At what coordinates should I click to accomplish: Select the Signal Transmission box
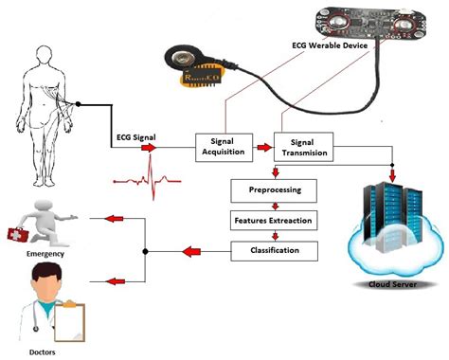click(304, 147)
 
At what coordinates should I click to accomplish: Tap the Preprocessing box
click(274, 190)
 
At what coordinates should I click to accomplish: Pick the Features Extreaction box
click(274, 221)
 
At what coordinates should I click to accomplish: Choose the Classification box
click(274, 251)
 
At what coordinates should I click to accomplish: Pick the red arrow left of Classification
click(192, 252)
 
